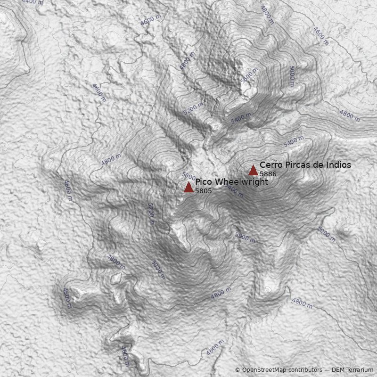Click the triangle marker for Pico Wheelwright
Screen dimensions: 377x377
point(188,188)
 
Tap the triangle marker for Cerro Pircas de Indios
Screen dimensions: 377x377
point(253,171)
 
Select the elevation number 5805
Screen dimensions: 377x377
point(204,191)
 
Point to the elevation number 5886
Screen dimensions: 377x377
point(268,174)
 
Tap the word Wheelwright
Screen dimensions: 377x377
point(240,182)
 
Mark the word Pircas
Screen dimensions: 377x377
point(296,165)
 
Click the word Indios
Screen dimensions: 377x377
point(339,165)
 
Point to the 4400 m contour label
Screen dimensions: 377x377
point(32,1)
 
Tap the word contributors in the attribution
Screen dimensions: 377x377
point(305,370)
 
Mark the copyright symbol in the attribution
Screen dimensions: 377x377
point(238,370)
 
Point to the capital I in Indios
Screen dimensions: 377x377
point(328,165)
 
